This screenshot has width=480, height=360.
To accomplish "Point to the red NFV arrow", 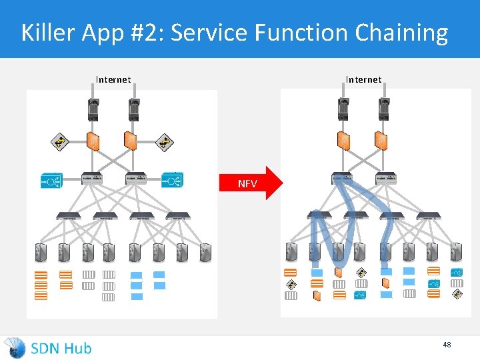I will coord(256,183).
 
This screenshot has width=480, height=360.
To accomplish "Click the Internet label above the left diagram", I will coord(113,79).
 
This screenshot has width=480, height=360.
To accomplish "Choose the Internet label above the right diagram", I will coord(363,79).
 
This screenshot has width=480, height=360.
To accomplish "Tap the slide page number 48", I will coord(447,345).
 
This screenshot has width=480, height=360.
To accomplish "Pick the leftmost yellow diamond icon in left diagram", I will coord(60,141).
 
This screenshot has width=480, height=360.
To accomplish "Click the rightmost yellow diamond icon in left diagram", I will coord(164,141).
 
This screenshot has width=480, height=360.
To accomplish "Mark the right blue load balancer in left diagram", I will coord(172,179).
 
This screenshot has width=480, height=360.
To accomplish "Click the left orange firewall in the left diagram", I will coord(94,141).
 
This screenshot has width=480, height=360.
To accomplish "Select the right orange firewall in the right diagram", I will coord(381,141).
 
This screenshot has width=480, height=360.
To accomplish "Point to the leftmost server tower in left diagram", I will coord(42,252).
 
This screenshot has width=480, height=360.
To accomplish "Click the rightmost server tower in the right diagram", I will coord(456,252).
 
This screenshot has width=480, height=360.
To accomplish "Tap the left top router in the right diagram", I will coord(343,108).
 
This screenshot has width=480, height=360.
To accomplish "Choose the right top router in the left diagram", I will coord(134,108).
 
